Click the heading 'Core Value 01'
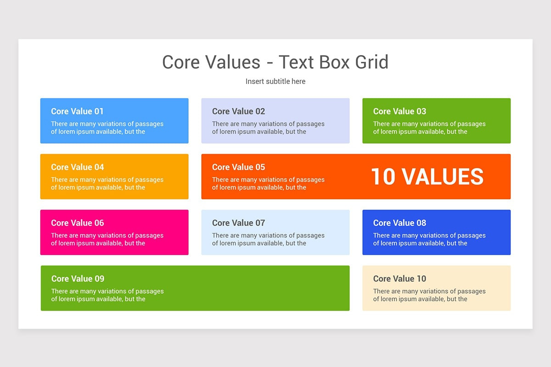pos(77,111)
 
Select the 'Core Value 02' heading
pos(238,111)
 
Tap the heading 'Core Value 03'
pos(399,111)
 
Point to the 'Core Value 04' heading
pos(77,167)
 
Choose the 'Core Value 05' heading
pos(238,167)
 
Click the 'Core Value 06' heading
pos(77,223)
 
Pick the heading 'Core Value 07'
pos(238,223)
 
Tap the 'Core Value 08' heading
pos(399,223)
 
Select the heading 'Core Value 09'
pos(78,279)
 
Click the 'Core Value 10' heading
pos(399,279)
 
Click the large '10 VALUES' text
pos(427,177)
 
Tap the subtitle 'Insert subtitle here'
pos(275,81)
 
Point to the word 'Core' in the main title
pos(181,62)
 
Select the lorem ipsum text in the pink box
pos(107,239)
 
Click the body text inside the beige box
pos(429,295)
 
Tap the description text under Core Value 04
pos(107,183)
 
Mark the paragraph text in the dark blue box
pos(429,239)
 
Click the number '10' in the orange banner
pos(383,177)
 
